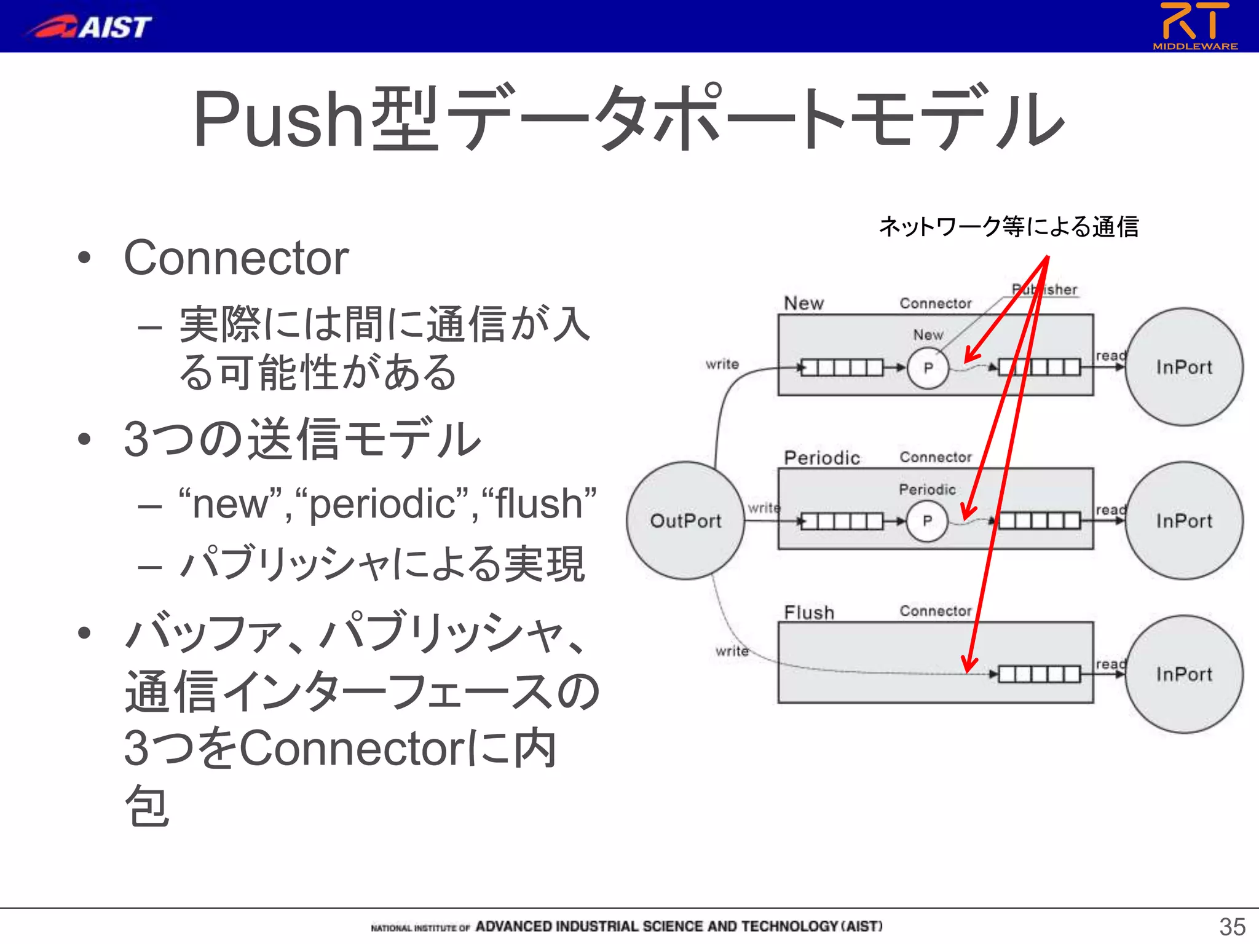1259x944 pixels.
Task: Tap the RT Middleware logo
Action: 1195,25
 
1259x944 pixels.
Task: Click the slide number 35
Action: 1232,926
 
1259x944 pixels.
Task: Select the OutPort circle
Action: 685,521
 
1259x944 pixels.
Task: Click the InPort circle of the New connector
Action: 1184,367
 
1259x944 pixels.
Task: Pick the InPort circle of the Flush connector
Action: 1184,674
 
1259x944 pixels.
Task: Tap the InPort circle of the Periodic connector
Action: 1184,521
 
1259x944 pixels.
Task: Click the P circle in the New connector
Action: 928,368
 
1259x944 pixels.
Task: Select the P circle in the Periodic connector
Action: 928,521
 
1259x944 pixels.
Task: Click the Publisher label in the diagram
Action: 1045,289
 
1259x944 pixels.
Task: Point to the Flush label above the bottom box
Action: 809,612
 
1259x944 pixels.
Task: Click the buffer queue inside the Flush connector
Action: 1039,674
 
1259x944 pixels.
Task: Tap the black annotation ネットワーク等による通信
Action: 1009,227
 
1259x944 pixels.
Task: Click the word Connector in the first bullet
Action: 236,258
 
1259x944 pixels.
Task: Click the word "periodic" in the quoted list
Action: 382,504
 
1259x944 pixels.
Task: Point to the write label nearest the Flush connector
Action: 732,651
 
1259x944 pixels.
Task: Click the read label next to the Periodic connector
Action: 1110,509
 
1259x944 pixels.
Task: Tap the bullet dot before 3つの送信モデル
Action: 84,439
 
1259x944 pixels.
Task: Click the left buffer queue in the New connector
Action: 842,368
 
